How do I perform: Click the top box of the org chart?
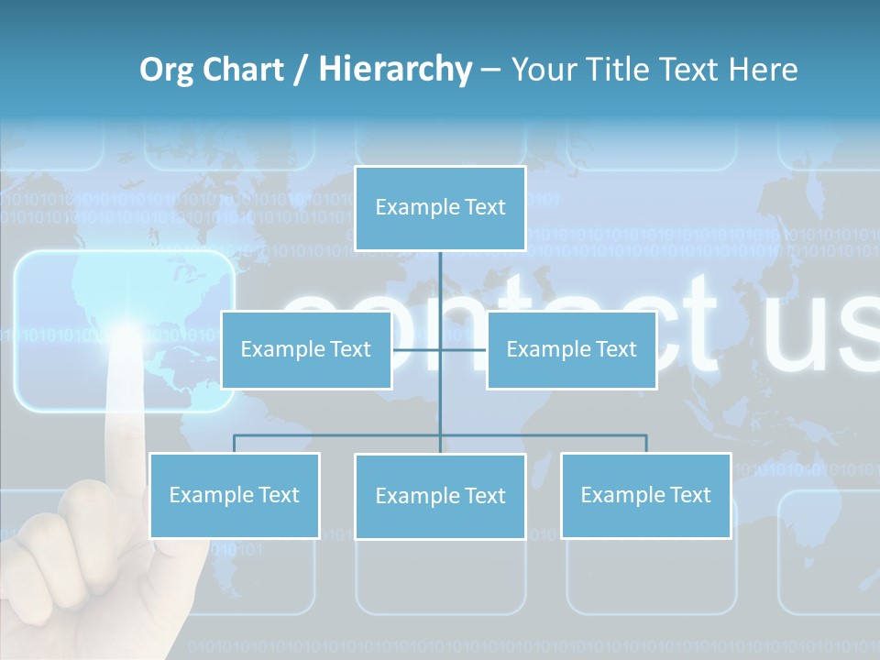[440, 208]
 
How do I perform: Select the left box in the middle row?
[306, 350]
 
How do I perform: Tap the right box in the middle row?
[571, 350]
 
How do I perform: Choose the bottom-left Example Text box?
[234, 496]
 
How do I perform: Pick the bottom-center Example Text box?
[440, 497]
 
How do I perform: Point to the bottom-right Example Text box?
[645, 496]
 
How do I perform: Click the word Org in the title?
[166, 70]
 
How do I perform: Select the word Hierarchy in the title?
[395, 70]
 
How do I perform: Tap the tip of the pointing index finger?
[124, 341]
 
